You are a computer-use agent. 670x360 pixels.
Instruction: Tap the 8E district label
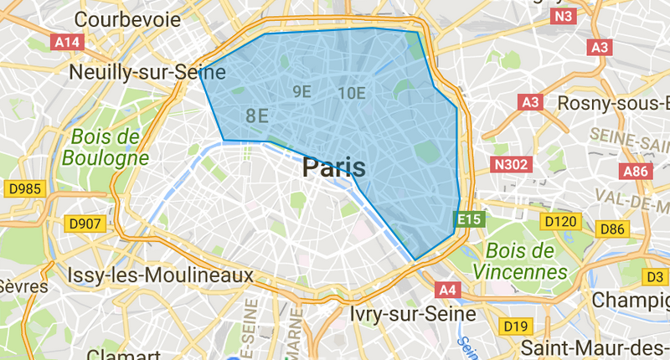coord(257,116)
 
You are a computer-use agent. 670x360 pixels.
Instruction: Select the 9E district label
coord(301,91)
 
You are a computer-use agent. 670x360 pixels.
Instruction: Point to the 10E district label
coord(351,93)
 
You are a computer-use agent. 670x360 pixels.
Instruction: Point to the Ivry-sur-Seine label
coord(400,314)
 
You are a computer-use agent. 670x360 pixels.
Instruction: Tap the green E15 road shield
coord(467,220)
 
